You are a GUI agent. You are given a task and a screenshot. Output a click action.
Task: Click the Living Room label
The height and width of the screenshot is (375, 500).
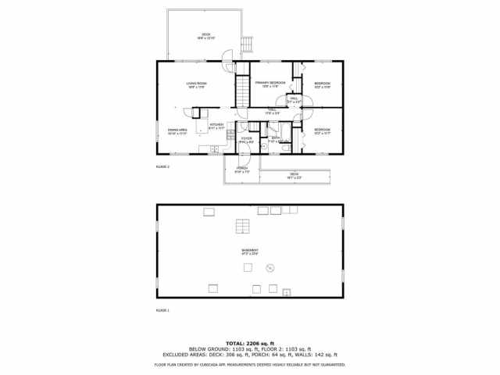(196, 85)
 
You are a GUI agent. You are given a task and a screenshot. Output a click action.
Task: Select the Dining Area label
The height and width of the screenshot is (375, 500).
(177, 131)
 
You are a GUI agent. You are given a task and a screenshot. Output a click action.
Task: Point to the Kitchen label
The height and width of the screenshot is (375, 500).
(216, 126)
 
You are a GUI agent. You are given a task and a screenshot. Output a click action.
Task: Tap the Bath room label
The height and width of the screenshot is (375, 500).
(275, 139)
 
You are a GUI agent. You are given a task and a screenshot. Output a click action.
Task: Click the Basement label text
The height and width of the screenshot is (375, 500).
(250, 252)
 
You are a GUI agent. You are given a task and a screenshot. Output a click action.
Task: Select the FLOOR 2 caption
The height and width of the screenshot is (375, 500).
(162, 166)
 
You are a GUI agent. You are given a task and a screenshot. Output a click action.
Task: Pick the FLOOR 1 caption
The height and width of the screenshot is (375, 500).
(162, 310)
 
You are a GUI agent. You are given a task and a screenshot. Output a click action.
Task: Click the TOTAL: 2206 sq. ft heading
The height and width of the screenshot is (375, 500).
(250, 343)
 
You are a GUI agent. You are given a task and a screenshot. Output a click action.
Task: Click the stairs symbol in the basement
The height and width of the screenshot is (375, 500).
(244, 227)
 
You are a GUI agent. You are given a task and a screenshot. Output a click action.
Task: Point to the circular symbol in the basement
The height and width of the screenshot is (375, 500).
(270, 268)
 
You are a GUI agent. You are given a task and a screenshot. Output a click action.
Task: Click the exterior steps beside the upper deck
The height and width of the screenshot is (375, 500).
(248, 44)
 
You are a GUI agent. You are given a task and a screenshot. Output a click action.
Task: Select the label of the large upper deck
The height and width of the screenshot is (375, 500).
(207, 36)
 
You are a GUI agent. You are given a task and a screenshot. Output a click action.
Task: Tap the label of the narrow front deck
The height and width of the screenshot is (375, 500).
(295, 175)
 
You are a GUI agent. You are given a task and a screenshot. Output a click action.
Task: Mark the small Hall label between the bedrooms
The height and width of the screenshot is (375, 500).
(295, 101)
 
